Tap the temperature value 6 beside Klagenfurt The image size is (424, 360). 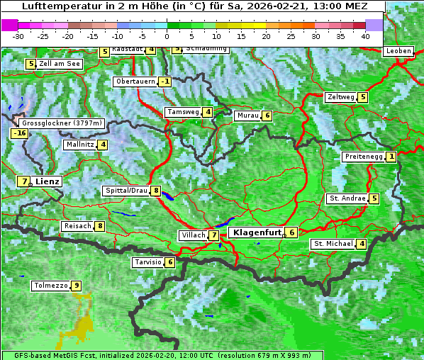tap(291, 232)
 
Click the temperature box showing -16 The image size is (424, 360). tap(19, 133)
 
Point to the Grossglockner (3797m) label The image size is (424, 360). tap(63, 123)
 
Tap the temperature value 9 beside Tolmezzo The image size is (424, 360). tap(76, 286)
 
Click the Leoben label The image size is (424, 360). tap(398, 51)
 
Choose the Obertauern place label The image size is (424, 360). tap(135, 81)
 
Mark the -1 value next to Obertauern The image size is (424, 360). tap(164, 81)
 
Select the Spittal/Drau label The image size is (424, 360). tap(126, 191)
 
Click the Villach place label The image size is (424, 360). tap(192, 235)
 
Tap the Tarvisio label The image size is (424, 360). tap(147, 262)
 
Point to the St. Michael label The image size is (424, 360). tap(333, 244)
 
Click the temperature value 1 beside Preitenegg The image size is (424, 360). tap(391, 157)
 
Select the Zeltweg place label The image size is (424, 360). tap(340, 97)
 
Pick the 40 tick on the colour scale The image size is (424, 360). tap(365, 35)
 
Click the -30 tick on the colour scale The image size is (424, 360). tap(18, 35)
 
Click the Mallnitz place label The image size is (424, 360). tap(79, 145)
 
